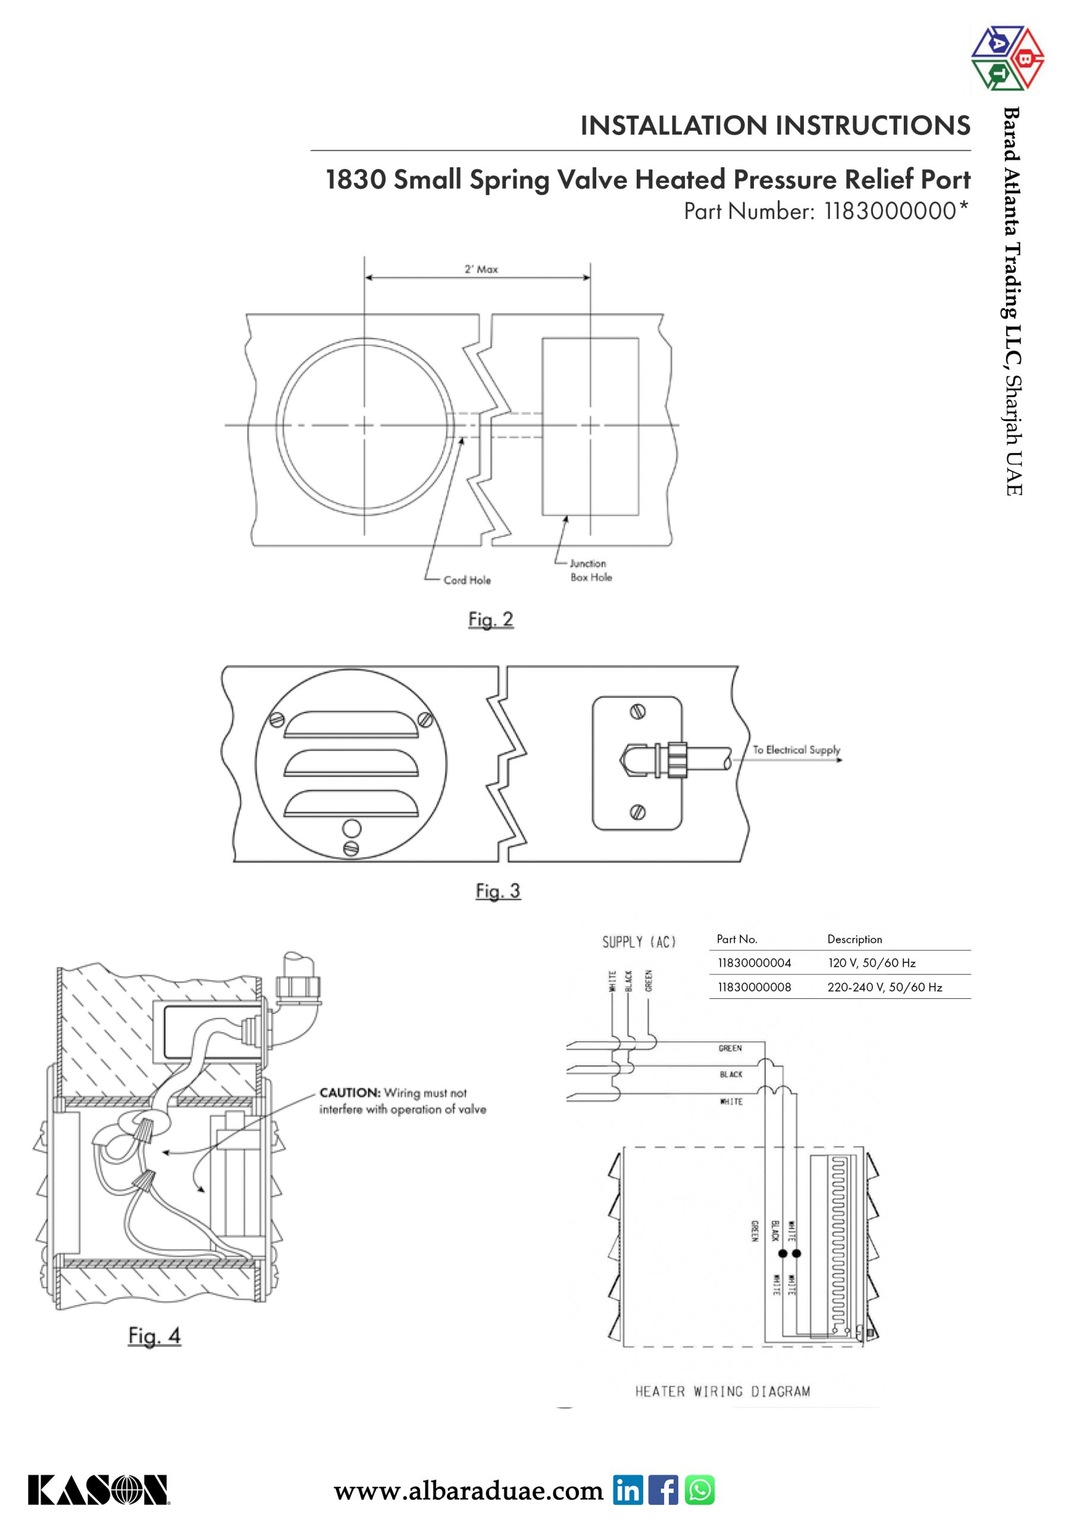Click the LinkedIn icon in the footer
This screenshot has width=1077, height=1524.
(628, 1490)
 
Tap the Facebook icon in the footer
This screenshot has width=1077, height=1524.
(663, 1490)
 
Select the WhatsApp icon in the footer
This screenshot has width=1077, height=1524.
(699, 1490)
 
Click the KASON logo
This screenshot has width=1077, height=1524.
(98, 1490)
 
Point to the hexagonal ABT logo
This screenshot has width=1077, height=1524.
(1007, 58)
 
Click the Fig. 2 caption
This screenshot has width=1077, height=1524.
(490, 619)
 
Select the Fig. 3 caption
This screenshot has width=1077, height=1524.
(497, 891)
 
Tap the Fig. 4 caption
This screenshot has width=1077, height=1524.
(154, 1335)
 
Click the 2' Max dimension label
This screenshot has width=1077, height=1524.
(481, 269)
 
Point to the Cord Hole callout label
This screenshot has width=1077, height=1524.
(467, 580)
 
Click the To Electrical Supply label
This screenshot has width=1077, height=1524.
(796, 749)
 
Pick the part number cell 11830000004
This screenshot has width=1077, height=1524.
(754, 963)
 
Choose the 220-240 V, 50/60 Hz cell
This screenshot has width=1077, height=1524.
(885, 987)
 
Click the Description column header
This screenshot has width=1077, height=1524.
(854, 939)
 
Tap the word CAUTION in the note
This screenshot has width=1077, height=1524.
(350, 1092)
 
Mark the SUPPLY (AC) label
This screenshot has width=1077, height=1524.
(638, 942)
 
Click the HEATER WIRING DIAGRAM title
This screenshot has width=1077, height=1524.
(722, 1391)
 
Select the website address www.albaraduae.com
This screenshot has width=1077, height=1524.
(468, 1491)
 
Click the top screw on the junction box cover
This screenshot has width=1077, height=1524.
(638, 712)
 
